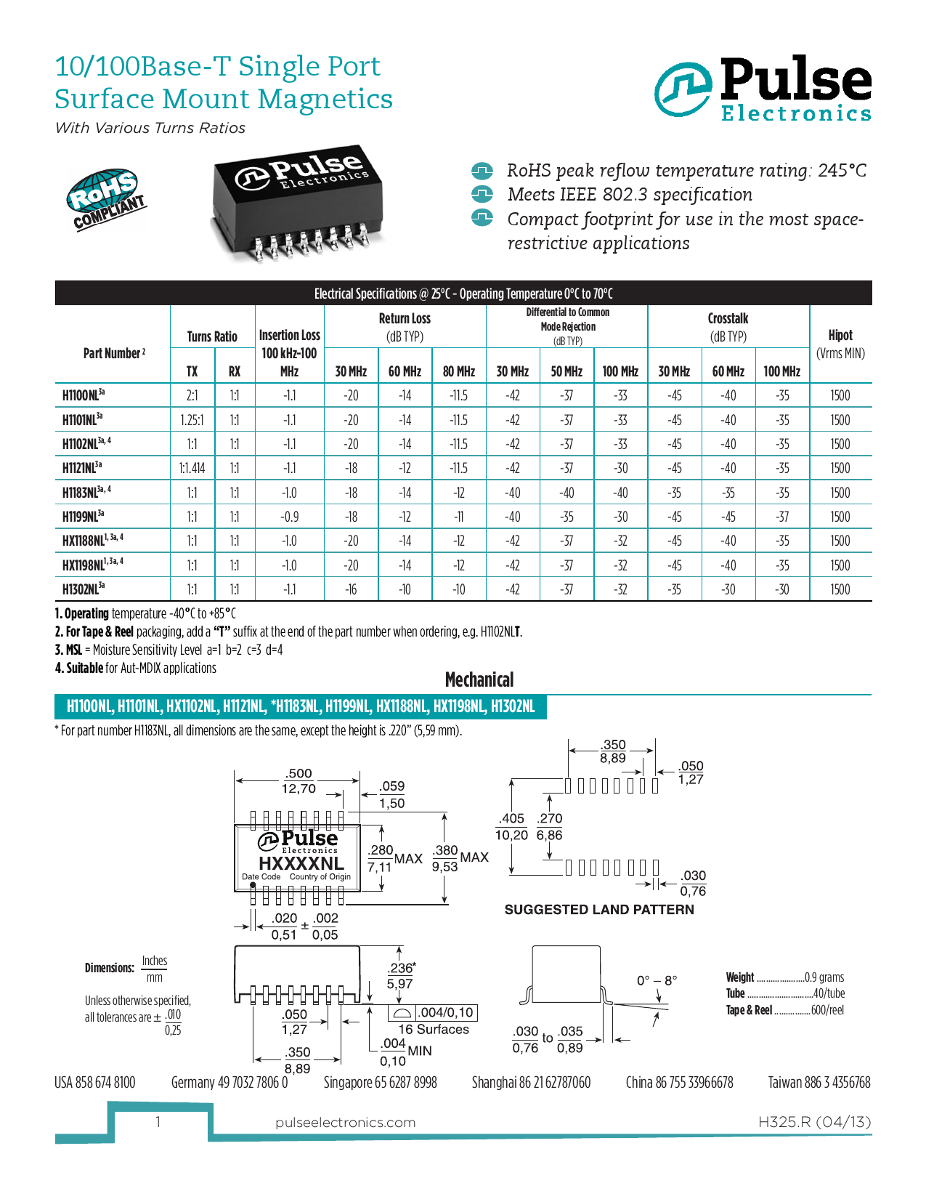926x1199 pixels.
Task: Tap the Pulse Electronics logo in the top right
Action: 763,89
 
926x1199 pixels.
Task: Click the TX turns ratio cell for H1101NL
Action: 192,420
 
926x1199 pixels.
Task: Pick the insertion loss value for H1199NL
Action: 289,517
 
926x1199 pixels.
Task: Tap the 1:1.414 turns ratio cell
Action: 192,468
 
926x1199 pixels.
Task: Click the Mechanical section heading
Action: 479,680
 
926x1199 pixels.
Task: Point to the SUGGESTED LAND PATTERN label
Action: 599,910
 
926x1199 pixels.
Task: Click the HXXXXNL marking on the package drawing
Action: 301,863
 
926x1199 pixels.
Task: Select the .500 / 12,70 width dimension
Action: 298,781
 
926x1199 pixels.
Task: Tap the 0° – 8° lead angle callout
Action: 657,980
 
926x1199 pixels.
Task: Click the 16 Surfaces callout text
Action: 434,1030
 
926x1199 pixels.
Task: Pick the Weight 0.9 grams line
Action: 784,977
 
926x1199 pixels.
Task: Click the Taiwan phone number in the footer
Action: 819,1083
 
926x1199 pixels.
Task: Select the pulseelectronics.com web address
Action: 345,1123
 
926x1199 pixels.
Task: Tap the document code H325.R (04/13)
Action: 814,1122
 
